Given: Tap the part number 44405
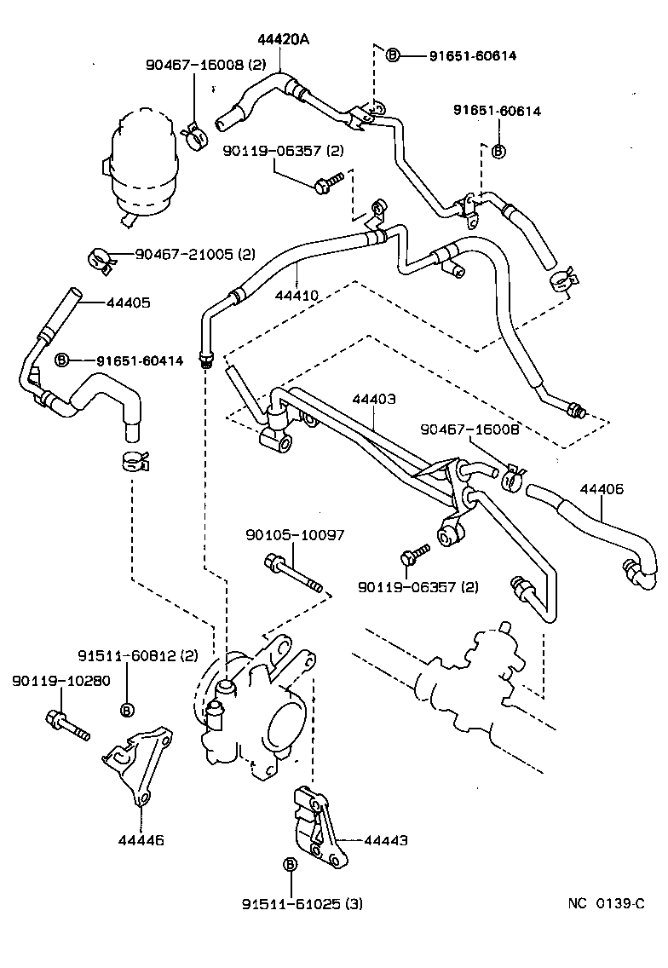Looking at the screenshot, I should tap(128, 302).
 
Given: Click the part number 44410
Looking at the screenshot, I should tap(297, 296).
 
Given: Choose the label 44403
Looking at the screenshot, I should tap(373, 398).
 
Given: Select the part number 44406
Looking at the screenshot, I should tap(602, 489).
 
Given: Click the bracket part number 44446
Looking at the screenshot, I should tap(141, 839).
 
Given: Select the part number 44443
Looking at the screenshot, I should tap(385, 840).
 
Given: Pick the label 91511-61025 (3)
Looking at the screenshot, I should tap(301, 903).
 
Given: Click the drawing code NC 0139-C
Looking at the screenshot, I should tap(607, 903).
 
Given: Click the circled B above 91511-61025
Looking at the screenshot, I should tap(289, 864).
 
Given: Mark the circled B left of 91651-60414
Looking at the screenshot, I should tap(61, 360).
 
